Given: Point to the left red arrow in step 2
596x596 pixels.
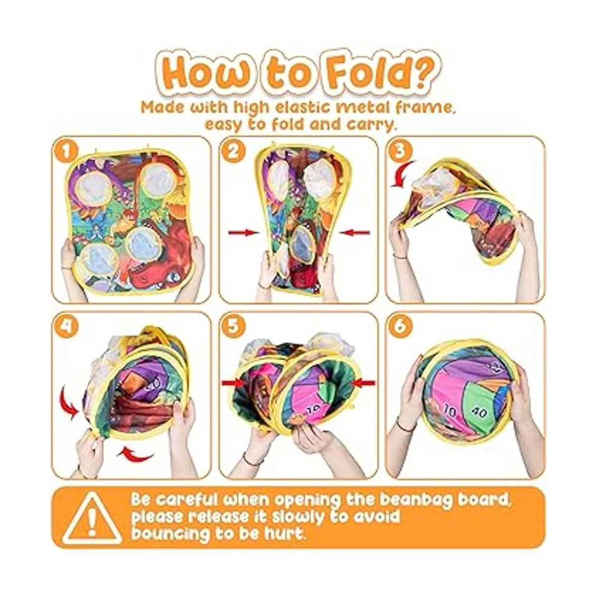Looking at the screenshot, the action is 244,232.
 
